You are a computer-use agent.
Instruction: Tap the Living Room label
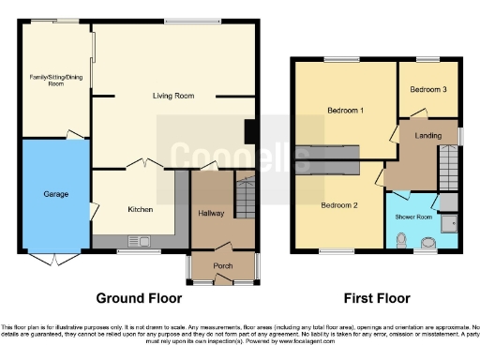172,96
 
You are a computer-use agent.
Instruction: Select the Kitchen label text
141,209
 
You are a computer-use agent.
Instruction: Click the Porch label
223,265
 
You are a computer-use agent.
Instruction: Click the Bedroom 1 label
345,111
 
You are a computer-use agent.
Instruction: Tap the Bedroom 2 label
338,204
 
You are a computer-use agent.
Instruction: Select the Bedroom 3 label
427,89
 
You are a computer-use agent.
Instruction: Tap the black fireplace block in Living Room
250,131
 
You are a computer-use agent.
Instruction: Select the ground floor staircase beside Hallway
245,198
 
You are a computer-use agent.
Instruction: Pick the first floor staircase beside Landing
449,169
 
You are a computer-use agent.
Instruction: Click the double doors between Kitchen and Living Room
142,165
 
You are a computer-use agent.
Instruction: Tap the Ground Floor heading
139,299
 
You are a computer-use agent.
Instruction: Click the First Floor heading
375,299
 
